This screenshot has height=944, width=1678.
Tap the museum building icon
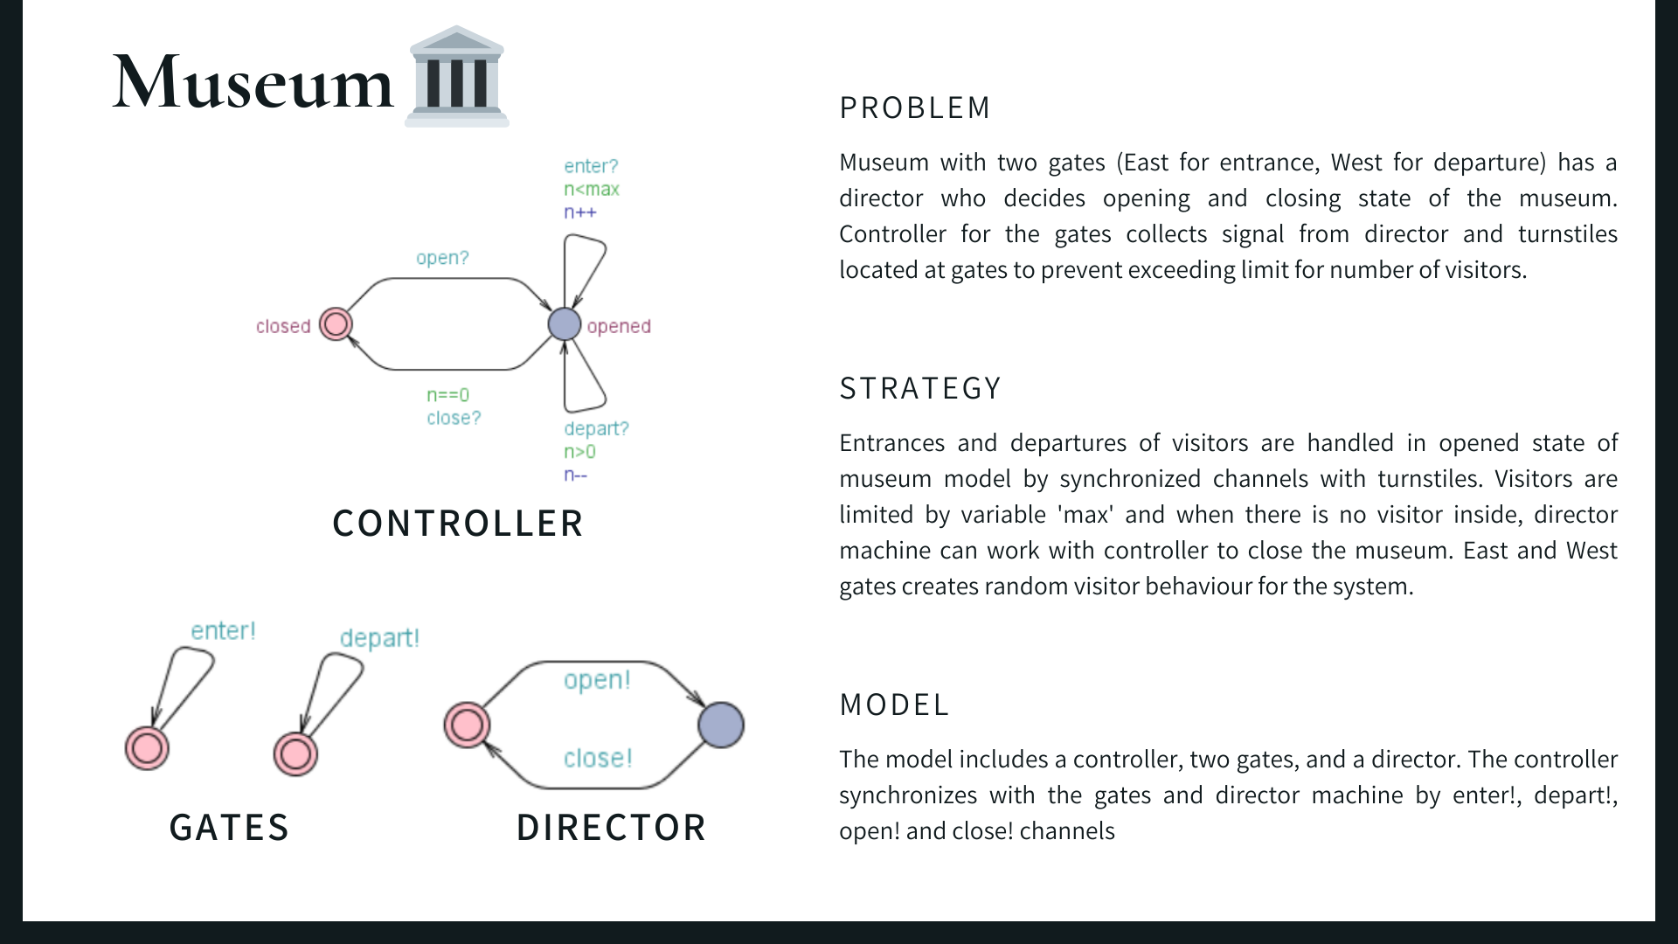tap(456, 77)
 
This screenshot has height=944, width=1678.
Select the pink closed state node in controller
tap(336, 324)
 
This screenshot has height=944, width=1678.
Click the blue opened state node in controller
tap(565, 324)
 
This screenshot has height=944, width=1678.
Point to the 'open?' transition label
tap(442, 258)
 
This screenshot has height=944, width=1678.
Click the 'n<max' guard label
tap(592, 189)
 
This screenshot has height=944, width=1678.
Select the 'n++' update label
tap(580, 212)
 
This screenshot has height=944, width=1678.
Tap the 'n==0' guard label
tap(448, 395)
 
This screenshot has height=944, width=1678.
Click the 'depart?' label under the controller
tap(596, 428)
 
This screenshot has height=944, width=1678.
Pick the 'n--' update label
tap(576, 475)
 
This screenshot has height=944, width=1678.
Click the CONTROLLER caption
tap(458, 524)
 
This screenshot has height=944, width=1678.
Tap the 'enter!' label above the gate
tap(223, 631)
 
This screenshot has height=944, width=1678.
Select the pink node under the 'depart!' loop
tap(295, 754)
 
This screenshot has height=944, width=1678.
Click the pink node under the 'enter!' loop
tap(147, 748)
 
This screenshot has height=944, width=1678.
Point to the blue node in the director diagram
tap(721, 725)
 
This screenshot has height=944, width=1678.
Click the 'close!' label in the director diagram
tap(598, 758)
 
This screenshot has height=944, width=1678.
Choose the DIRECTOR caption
tap(611, 828)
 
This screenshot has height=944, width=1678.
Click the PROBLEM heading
tap(915, 108)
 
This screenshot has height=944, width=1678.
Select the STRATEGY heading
tap(920, 388)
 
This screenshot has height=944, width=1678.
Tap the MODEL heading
tap(894, 705)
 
